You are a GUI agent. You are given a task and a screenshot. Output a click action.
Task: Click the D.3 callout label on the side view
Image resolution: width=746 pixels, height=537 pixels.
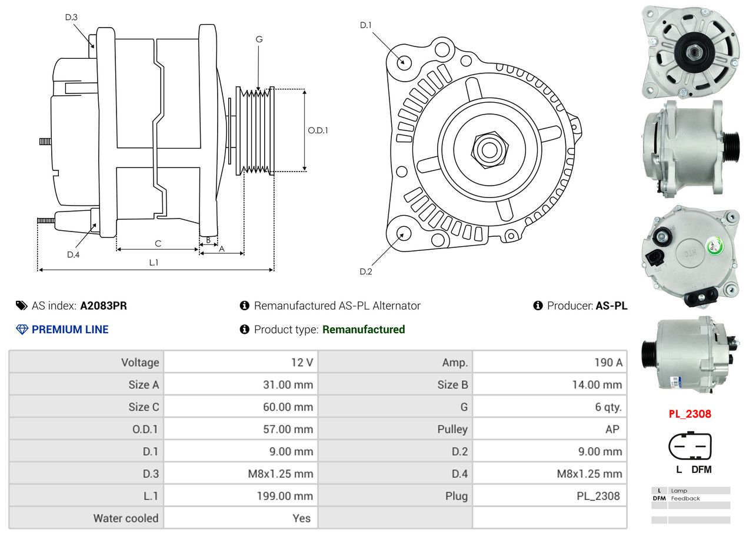pyautogui.click(x=71, y=17)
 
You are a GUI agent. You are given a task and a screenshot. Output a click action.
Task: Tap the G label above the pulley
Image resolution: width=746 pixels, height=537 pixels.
pyautogui.click(x=259, y=39)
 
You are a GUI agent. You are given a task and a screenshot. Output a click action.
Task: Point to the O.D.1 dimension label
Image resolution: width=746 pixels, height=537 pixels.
pyautogui.click(x=318, y=130)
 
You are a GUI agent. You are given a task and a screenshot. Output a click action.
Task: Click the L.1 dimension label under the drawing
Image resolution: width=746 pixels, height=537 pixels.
pyautogui.click(x=154, y=263)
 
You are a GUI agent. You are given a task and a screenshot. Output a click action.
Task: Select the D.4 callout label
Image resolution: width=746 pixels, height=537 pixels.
pyautogui.click(x=74, y=255)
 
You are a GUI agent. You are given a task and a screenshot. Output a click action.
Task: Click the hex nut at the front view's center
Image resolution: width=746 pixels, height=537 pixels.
pyautogui.click(x=489, y=150)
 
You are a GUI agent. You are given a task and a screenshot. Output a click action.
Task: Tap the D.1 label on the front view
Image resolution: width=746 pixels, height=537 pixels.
pyautogui.click(x=366, y=25)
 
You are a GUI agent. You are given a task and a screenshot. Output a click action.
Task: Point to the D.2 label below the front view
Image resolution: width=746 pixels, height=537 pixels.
pyautogui.click(x=366, y=271)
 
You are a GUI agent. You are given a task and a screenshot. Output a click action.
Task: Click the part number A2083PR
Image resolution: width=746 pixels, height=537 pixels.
pyautogui.click(x=104, y=306)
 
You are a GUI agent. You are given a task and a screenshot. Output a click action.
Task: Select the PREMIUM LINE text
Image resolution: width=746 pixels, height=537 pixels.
pyautogui.click(x=70, y=330)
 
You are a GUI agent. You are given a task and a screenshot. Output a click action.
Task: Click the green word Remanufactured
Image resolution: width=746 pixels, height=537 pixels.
pyautogui.click(x=364, y=330)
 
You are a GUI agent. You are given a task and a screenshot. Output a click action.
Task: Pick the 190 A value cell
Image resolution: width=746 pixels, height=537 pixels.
pyautogui.click(x=549, y=362)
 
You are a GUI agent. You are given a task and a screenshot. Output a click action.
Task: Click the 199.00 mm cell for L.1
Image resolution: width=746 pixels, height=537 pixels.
pyautogui.click(x=241, y=496)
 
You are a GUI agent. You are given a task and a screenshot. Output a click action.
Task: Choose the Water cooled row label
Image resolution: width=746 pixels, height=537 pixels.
pyautogui.click(x=126, y=518)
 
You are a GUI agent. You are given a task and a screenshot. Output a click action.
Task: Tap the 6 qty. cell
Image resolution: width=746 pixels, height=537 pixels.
pyautogui.click(x=549, y=407)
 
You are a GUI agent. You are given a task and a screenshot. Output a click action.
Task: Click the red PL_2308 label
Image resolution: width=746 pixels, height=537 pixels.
pyautogui.click(x=690, y=414)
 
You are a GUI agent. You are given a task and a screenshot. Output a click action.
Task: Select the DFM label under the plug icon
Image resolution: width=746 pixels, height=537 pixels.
pyautogui.click(x=701, y=469)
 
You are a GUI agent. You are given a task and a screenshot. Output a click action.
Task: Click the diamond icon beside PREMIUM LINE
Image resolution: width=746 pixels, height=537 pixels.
pyautogui.click(x=22, y=330)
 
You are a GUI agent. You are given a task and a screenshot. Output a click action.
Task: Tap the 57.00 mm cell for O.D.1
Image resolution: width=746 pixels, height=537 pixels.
pyautogui.click(x=241, y=429)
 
